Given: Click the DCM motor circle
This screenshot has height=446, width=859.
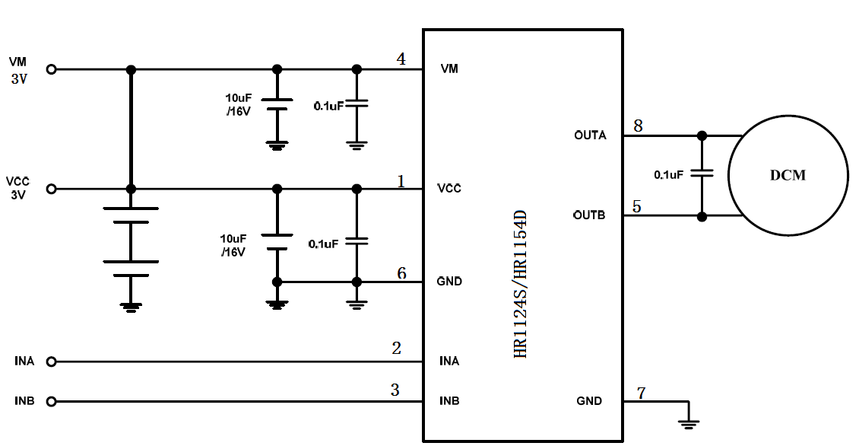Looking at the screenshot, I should click(788, 176).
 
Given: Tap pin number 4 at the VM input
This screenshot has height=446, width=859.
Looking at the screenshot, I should click(401, 59).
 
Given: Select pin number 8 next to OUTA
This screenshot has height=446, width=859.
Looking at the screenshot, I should click(638, 126).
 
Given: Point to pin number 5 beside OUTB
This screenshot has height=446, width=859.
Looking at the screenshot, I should click(636, 206).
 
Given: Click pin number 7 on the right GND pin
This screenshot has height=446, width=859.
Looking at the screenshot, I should click(642, 393).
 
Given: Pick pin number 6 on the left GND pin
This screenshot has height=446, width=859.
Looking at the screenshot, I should click(401, 273).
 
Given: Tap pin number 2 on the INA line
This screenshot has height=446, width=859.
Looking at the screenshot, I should click(396, 349).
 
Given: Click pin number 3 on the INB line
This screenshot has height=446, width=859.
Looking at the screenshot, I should click(395, 390).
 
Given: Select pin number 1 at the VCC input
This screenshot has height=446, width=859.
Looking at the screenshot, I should click(401, 180).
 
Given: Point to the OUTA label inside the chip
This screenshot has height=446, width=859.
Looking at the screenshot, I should click(590, 135).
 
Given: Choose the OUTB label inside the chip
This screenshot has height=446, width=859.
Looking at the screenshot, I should click(589, 215).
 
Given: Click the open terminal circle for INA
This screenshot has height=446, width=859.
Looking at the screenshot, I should click(52, 362).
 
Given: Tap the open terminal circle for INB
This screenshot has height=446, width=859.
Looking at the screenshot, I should click(52, 401).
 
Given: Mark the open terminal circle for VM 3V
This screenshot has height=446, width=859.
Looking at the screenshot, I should click(52, 69).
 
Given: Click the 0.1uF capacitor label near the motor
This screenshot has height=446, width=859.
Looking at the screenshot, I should click(668, 174).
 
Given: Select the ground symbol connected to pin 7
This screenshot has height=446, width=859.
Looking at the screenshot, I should click(689, 423).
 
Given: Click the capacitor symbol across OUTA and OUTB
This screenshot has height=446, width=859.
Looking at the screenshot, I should click(702, 175).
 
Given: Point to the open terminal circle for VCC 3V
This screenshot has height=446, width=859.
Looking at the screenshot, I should click(52, 189).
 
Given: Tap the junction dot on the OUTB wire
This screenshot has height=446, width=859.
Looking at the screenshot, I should click(702, 216).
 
